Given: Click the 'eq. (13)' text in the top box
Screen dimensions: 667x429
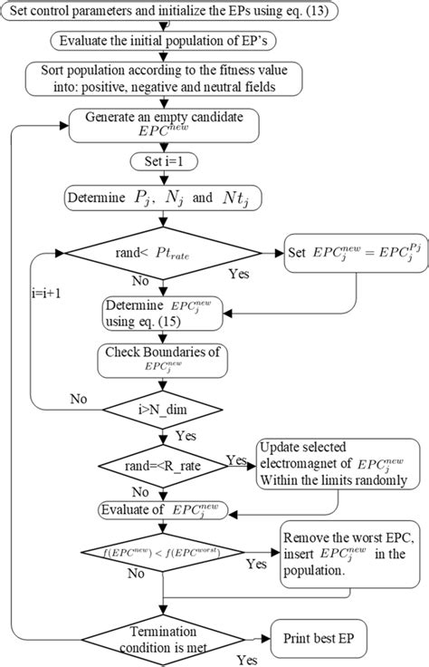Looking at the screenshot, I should (x=308, y=13).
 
